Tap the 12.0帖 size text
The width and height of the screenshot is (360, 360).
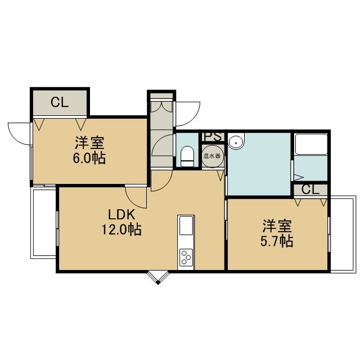point(121,229)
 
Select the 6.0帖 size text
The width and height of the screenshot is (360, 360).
point(89,158)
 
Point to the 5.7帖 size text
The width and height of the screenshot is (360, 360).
point(277,241)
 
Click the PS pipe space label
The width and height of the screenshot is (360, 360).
point(213,137)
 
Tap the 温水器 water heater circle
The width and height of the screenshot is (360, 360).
point(213,156)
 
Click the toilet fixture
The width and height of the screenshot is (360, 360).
point(187,156)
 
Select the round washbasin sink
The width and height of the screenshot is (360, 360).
point(236,141)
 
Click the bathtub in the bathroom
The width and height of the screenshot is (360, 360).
point(311,145)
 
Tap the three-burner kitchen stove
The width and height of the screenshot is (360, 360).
point(186,258)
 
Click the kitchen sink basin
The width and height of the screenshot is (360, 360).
point(186,226)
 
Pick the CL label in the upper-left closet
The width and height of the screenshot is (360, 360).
point(60,102)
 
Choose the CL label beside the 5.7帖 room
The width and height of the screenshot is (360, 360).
point(310,190)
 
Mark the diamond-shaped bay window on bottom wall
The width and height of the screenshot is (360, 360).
point(158,277)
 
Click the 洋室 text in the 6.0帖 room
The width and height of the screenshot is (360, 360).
point(89,143)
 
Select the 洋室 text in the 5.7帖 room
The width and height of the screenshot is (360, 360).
point(277,226)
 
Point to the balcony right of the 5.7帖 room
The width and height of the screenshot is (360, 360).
point(344,234)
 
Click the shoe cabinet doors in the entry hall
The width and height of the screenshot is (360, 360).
point(162,107)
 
